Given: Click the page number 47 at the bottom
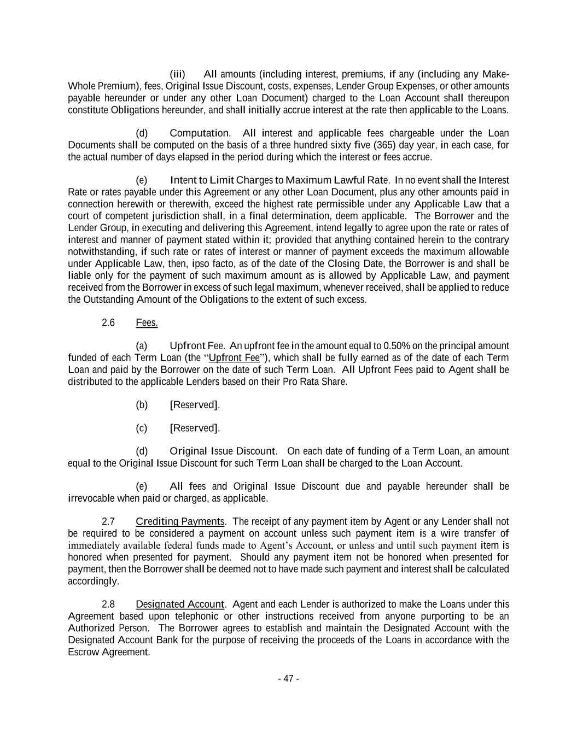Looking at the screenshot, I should (x=288, y=679).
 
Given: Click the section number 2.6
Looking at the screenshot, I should (x=108, y=322).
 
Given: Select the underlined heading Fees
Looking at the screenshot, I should (x=147, y=323).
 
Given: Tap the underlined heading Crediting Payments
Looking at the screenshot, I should (x=180, y=521).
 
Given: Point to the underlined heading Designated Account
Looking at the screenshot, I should (x=180, y=604).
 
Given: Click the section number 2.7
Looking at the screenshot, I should (x=108, y=521).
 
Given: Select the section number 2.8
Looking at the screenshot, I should (x=108, y=604).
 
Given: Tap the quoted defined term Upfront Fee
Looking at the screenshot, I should (x=234, y=358).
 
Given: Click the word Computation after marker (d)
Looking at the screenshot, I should (x=200, y=133).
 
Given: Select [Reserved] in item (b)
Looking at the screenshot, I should (x=195, y=405).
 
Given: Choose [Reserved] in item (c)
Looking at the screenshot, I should (x=195, y=428).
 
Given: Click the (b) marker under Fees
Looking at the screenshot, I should (x=142, y=405).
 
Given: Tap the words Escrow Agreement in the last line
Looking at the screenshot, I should (x=109, y=652).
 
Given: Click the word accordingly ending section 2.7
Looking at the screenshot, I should (x=92, y=581).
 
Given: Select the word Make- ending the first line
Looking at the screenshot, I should (x=497, y=74).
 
